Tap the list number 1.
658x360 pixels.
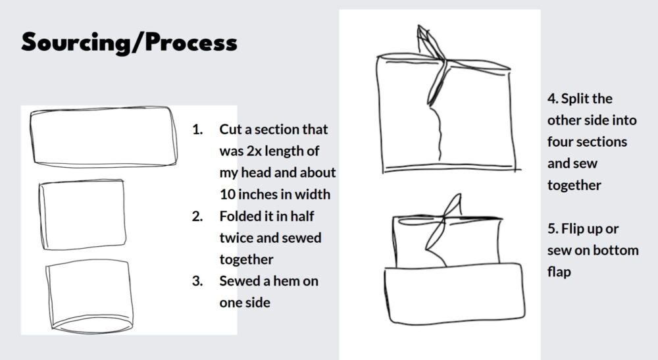pyautogui.click(x=197, y=129)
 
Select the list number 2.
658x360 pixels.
pyautogui.click(x=197, y=216)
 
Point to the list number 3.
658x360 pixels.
pyautogui.click(x=197, y=281)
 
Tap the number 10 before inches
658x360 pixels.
pyautogui.click(x=227, y=194)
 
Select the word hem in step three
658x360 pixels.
pyautogui.click(x=286, y=281)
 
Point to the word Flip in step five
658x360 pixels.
pyautogui.click(x=571, y=229)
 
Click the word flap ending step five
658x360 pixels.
pyautogui.click(x=559, y=272)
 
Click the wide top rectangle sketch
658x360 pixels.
pyautogui.click(x=104, y=110)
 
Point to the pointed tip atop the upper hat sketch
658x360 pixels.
pyautogui.click(x=418, y=26)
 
